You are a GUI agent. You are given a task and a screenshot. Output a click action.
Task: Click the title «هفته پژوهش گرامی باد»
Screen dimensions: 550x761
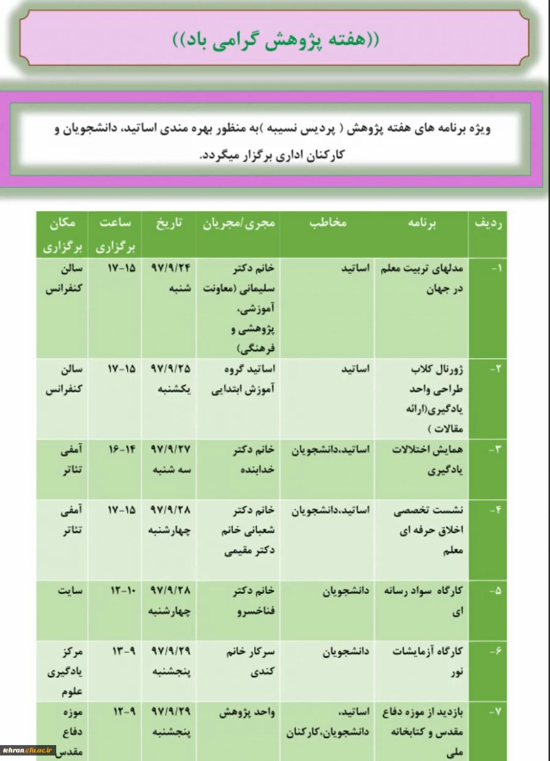point(276,40)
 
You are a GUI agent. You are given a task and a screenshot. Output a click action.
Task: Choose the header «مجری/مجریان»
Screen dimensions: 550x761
point(239,223)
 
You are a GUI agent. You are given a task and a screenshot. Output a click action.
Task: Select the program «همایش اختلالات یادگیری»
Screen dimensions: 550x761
point(428,459)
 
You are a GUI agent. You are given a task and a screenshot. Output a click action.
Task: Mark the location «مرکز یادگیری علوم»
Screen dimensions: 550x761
point(66,671)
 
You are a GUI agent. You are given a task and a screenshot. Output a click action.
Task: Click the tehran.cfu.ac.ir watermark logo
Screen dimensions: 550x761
point(29,750)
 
